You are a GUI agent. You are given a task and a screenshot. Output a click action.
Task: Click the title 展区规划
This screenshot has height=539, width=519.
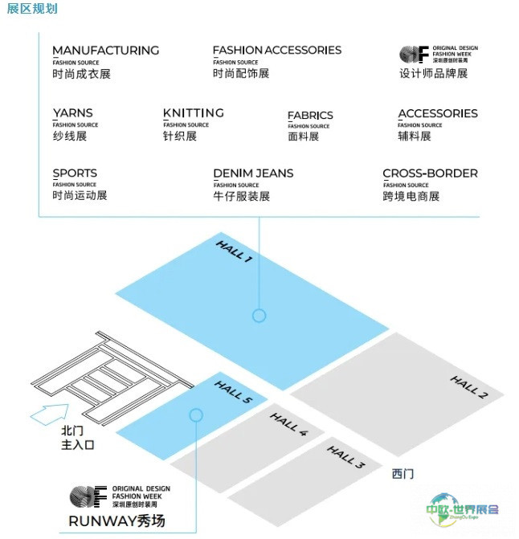[x=31, y=9]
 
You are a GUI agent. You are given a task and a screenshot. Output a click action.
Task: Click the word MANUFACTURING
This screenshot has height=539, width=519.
[x=105, y=50]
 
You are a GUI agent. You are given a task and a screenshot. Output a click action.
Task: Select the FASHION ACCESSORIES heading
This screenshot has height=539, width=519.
[x=277, y=50]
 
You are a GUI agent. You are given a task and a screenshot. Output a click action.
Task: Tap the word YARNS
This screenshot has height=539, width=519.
[x=72, y=113]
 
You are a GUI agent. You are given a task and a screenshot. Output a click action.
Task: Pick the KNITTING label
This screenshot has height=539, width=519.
[x=193, y=113]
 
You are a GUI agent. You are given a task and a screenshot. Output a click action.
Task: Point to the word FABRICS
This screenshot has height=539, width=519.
[x=310, y=116]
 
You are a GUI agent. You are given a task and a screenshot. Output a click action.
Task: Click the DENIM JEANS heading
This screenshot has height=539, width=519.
[x=253, y=174]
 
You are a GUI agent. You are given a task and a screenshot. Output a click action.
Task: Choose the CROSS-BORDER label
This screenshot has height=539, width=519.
[x=430, y=174]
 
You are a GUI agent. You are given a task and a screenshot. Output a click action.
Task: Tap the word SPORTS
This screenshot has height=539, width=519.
[x=75, y=174]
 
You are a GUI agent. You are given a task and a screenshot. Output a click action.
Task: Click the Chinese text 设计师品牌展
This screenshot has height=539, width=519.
[x=433, y=74]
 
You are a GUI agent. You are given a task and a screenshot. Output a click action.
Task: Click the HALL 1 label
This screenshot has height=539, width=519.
[x=235, y=251]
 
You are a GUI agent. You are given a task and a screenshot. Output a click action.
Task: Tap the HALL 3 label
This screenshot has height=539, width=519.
[x=345, y=458]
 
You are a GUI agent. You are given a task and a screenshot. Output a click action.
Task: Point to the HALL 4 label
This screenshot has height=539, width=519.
[x=288, y=424]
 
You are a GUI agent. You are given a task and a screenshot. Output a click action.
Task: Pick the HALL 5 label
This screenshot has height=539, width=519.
[x=234, y=391]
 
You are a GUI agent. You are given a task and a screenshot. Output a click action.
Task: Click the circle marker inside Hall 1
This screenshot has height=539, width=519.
[x=259, y=316]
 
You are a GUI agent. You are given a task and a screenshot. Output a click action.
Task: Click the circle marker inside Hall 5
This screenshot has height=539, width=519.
[x=195, y=414]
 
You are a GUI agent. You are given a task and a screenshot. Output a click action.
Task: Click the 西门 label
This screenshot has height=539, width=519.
[x=403, y=474]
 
